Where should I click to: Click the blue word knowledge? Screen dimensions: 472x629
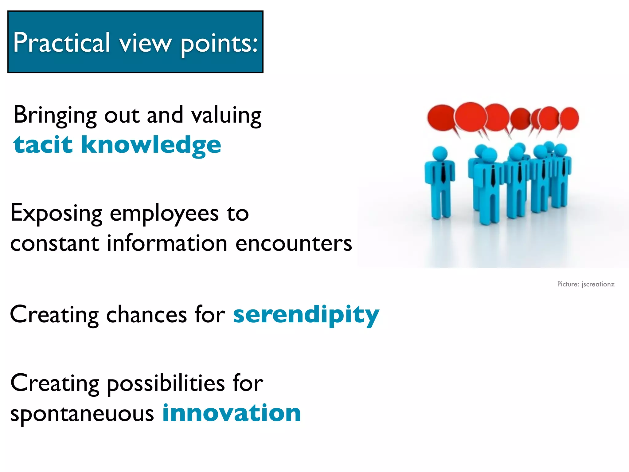[x=150, y=145]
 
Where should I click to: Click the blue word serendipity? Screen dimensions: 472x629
[x=306, y=315]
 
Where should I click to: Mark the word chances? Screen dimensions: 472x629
[x=147, y=315]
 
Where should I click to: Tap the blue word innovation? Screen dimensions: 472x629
[x=232, y=413]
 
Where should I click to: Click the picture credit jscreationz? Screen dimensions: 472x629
[x=598, y=284]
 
